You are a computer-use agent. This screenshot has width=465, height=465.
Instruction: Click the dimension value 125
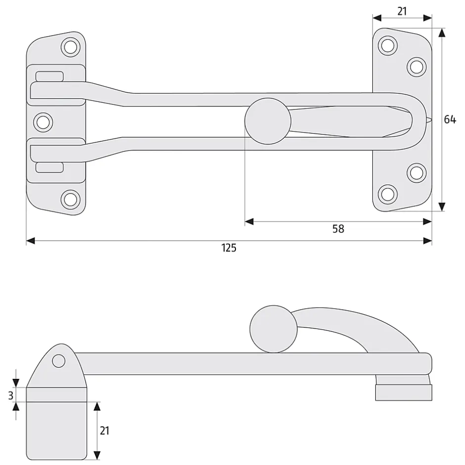[x=229, y=248]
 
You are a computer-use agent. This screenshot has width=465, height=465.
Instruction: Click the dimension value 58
[x=338, y=229]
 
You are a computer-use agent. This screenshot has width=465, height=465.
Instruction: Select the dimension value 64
[x=450, y=119]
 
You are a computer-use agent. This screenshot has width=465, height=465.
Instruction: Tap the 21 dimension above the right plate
[x=402, y=11]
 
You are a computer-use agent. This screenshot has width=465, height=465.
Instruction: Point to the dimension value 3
[x=11, y=395]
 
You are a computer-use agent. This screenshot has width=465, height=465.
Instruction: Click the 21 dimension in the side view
[x=104, y=430]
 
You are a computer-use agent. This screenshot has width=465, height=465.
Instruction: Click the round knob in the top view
[x=268, y=121]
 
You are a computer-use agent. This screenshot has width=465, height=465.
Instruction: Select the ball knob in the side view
[x=274, y=329]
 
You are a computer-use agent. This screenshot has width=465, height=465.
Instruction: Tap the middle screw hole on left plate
[x=43, y=122]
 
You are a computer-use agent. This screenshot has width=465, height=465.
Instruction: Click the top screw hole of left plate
[x=71, y=47]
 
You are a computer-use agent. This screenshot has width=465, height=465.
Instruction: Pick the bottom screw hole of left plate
[x=71, y=199]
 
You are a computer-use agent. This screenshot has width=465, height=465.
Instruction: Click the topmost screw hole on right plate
[x=388, y=46]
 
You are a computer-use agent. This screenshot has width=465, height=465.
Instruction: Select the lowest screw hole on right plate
[x=388, y=194]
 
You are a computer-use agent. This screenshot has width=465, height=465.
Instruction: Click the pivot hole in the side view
[x=59, y=361]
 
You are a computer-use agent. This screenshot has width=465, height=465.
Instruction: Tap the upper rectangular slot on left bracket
[x=49, y=76]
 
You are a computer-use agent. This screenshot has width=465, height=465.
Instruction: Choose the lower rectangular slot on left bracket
[x=49, y=168]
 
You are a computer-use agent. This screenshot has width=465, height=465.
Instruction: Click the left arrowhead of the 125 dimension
[x=31, y=241]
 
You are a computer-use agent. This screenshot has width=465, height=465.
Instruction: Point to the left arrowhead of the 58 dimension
[x=249, y=222]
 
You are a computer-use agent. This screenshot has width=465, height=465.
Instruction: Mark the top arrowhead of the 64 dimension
[x=442, y=33]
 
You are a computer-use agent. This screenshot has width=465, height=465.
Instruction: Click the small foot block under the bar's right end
[x=404, y=392]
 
